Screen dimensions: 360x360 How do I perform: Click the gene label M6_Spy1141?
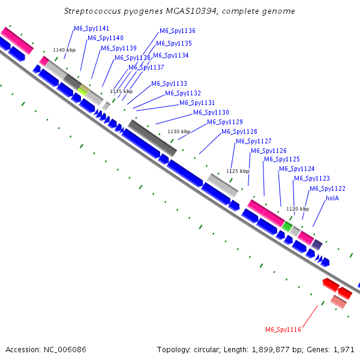point(91,28)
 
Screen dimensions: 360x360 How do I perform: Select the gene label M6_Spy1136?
point(178,31)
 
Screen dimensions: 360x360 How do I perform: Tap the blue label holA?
point(332,197)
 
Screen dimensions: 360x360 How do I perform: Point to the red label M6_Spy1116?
point(283,329)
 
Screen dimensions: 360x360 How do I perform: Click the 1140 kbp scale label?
point(64,50)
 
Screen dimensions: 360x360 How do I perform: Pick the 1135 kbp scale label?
point(121,91)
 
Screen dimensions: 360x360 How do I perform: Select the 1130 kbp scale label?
point(178,131)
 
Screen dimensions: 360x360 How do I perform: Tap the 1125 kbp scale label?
point(237,170)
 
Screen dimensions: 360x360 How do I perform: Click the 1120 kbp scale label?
point(298,209)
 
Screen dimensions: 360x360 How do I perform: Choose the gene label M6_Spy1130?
point(211,112)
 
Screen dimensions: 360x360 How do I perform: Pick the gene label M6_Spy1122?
point(328,188)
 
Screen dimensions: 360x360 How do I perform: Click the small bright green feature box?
point(288,226)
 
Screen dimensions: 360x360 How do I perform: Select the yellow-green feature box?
point(83,90)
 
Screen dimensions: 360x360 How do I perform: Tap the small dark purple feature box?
point(317,244)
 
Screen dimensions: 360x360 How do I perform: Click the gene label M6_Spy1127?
point(254,141)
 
